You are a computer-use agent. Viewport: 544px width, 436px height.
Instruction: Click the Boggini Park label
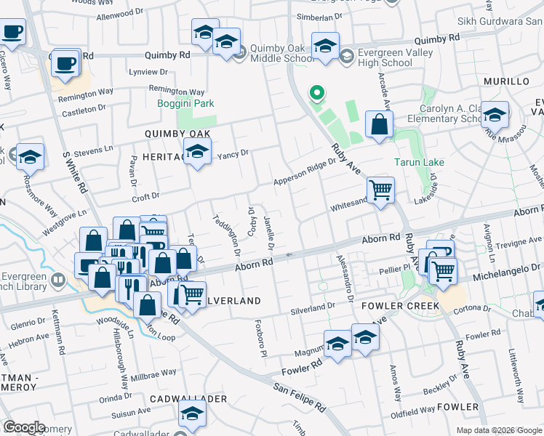pos(186,103)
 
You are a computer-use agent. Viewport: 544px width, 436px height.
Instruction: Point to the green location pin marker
pos(316,94)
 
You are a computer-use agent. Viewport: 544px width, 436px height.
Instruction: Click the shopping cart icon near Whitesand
pos(380,191)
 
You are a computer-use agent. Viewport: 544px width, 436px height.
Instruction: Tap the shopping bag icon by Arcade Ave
pos(379,125)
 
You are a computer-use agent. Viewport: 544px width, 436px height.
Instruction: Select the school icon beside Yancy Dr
pos(196,153)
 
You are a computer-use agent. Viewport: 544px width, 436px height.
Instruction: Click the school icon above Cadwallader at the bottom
pos(193,414)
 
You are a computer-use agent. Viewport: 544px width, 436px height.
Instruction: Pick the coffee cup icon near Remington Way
pos(66,62)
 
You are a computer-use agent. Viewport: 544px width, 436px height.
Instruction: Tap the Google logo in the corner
pos(24,427)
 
